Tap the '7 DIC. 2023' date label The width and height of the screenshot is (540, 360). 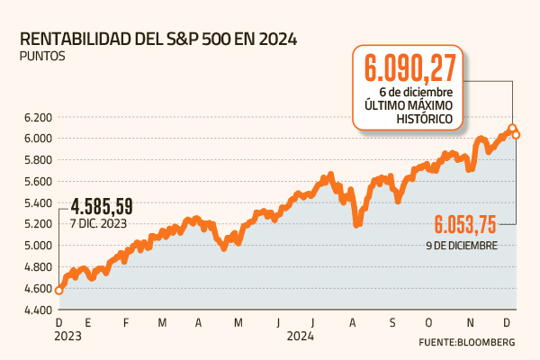[x=98, y=222]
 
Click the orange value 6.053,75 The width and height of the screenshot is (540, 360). [x=465, y=225]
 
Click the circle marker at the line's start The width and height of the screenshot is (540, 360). [x=59, y=290]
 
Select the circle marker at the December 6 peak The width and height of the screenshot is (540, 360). [x=512, y=129]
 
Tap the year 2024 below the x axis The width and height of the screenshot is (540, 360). [x=301, y=336]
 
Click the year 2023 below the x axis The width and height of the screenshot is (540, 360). [x=68, y=336]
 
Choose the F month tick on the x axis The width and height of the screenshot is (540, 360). [x=126, y=322]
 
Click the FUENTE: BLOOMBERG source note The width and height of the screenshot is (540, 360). [x=466, y=343]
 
